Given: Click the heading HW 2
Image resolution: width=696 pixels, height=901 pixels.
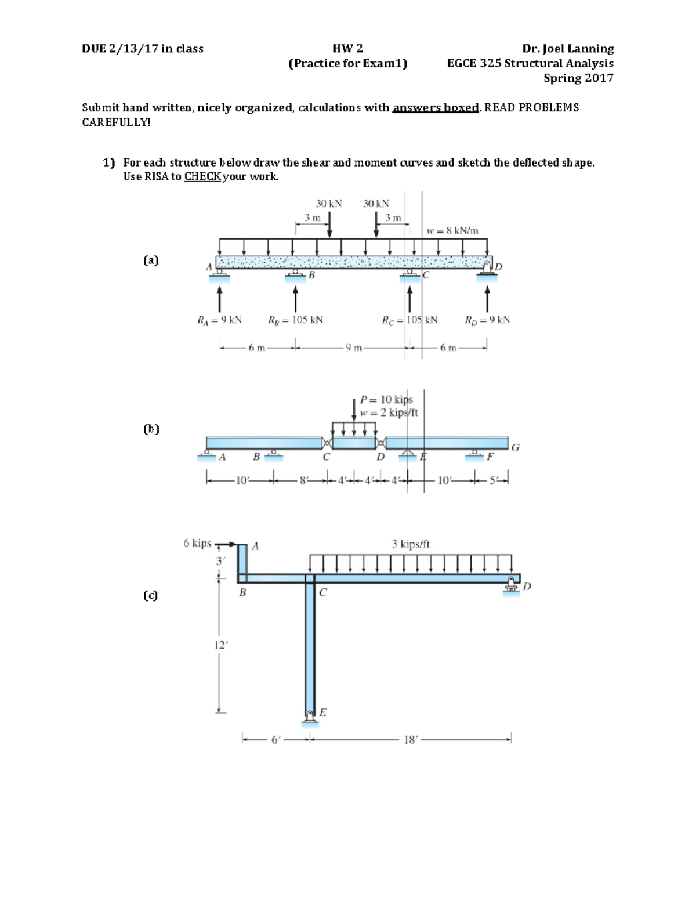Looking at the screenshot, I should (347, 49).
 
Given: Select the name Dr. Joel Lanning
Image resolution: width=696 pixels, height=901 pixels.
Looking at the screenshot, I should (568, 49).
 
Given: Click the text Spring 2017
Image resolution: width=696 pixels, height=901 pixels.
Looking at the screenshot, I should (578, 78).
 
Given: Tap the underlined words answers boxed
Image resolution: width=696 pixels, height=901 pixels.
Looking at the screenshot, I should (436, 108).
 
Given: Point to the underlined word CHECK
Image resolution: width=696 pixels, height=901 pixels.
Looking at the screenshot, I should (202, 177).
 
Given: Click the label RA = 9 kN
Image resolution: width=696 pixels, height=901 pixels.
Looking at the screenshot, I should (219, 320).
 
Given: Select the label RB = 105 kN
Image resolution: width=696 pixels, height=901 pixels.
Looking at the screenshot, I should (295, 320).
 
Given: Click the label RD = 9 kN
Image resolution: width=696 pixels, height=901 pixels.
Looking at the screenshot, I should (487, 320).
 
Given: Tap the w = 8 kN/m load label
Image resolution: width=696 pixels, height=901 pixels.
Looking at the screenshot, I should (452, 231).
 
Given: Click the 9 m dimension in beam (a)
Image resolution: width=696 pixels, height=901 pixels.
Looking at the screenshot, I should (353, 348).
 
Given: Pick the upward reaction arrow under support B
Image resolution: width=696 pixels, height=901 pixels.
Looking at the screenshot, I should (295, 299).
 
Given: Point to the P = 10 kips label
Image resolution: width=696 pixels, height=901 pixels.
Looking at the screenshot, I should (386, 400).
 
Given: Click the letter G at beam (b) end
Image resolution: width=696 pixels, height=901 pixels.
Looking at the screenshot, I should (515, 447).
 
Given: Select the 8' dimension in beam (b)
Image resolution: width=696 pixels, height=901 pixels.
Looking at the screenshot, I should (302, 480).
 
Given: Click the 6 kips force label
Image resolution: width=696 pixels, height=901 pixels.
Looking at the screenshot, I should (197, 544).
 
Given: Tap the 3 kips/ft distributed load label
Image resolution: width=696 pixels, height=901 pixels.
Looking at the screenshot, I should (411, 544).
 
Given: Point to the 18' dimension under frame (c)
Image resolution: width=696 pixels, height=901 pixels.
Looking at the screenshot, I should (410, 740).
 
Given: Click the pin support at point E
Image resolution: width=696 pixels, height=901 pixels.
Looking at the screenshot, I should (310, 717).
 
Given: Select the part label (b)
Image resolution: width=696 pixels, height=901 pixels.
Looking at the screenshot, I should (151, 429).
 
